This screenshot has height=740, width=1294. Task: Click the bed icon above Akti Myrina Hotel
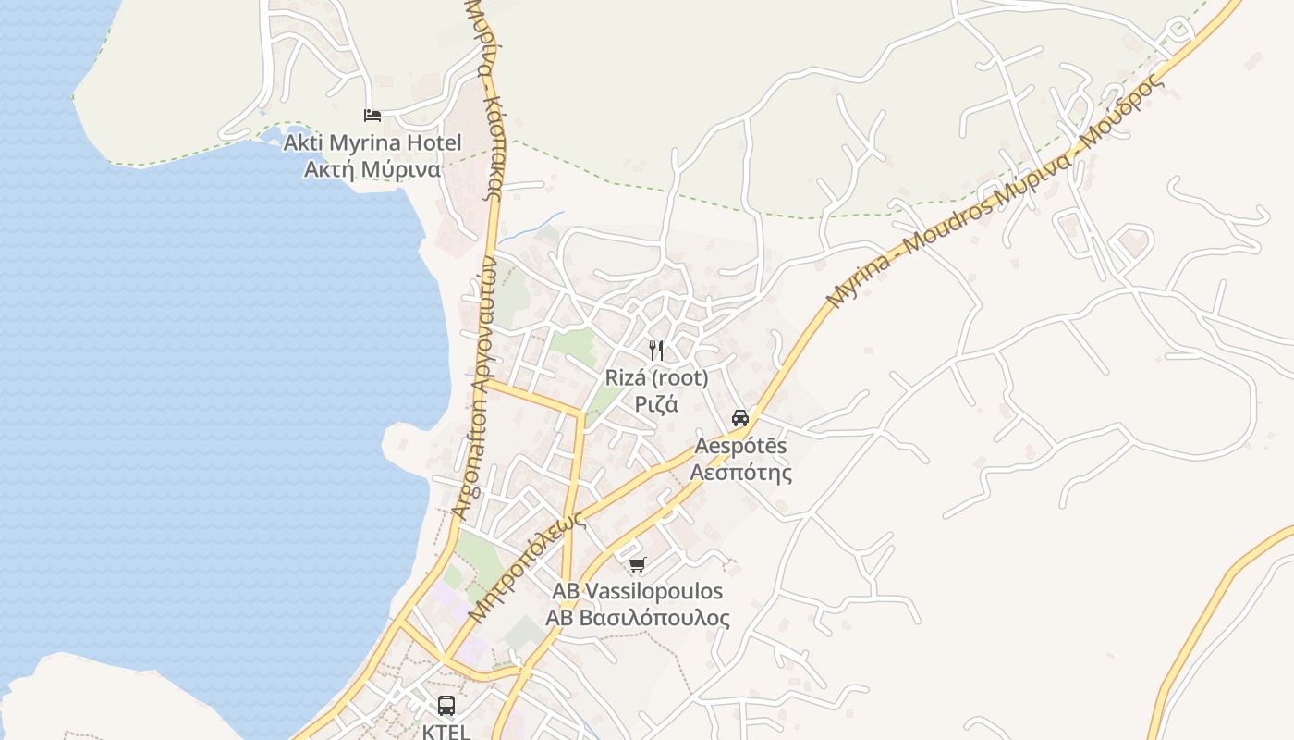(x=372, y=115)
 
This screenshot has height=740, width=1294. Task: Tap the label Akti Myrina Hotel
(x=372, y=143)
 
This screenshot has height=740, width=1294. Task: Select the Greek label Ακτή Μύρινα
(x=372, y=170)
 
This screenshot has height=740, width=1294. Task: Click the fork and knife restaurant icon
(x=656, y=351)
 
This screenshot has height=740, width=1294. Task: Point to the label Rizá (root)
(x=656, y=377)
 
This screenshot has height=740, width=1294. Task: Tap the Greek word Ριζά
(x=656, y=404)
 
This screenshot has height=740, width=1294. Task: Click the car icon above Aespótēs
(x=740, y=417)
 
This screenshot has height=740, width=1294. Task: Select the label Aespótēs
(x=740, y=446)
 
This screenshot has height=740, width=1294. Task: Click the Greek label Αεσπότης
(x=740, y=473)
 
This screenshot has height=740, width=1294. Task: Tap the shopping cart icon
(x=637, y=564)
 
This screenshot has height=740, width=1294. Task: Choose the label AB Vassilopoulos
(x=637, y=591)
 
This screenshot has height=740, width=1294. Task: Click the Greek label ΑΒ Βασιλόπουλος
(x=637, y=618)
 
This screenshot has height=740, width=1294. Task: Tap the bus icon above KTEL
(x=446, y=706)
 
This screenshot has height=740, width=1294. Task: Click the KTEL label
(x=446, y=731)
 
